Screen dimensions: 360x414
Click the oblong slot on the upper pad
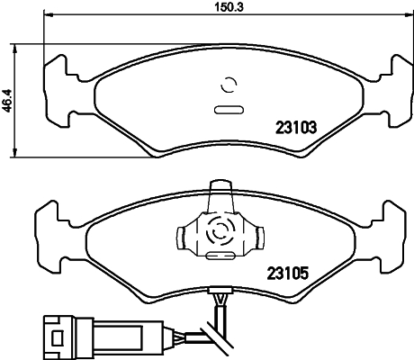[x=229, y=111]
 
